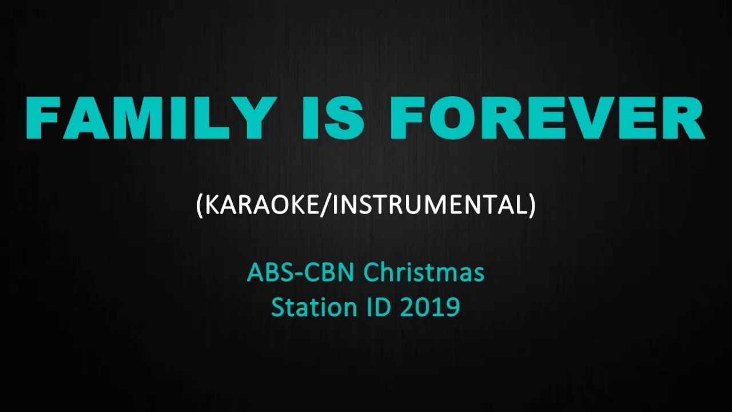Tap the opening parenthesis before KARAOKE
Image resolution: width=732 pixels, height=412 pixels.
click(200, 205)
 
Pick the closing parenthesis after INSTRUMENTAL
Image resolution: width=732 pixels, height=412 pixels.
click(532, 205)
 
